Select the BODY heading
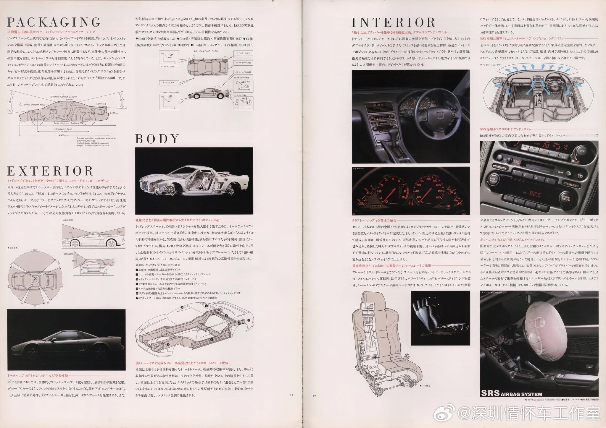point(157,139)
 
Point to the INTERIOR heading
point(394,22)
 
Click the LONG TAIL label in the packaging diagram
point(101,104)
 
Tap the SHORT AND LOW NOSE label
point(34,104)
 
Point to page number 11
point(291,395)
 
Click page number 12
point(314,396)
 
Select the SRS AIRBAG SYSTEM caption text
point(511,393)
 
